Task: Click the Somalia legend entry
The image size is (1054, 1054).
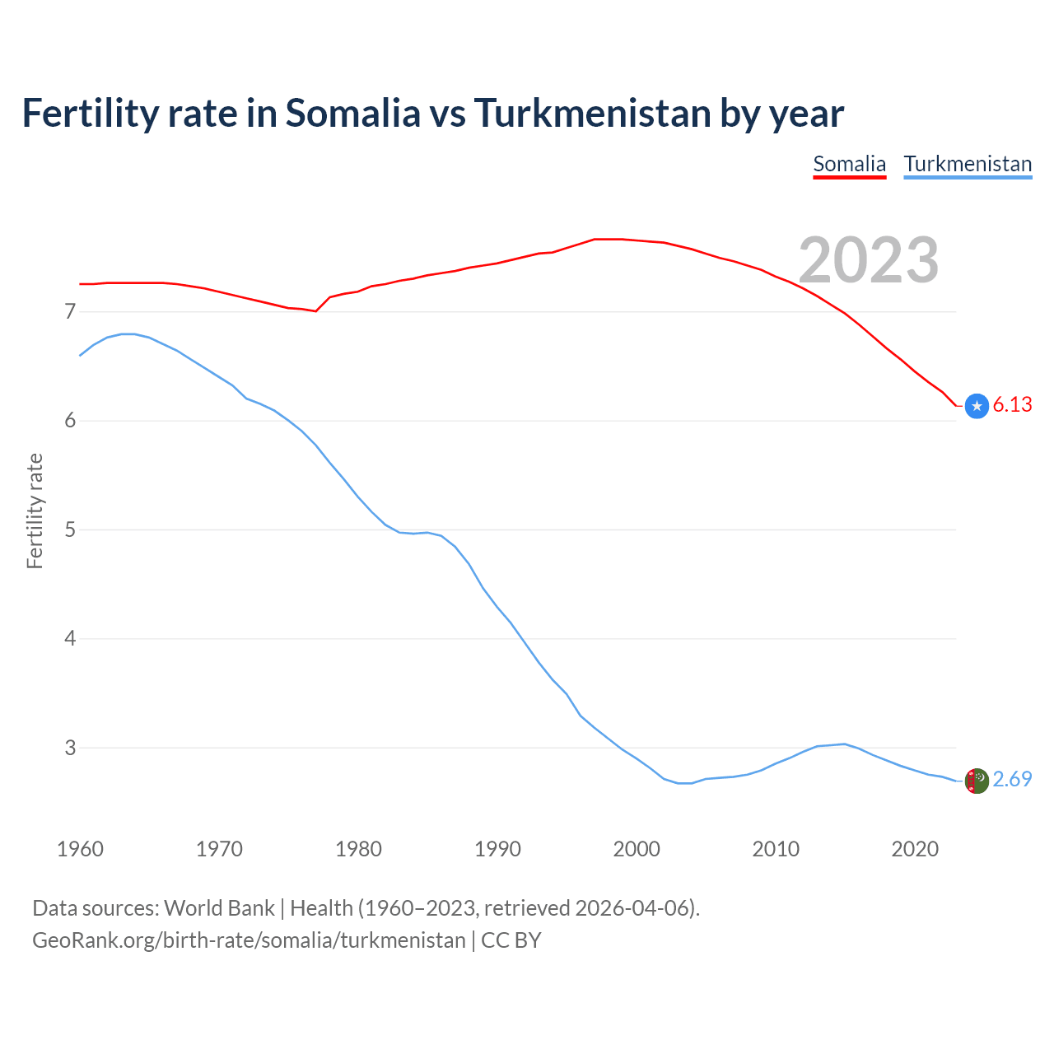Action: pos(849,164)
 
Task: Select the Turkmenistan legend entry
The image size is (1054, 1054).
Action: pos(968,164)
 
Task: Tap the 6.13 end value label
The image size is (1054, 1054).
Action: pos(1012,404)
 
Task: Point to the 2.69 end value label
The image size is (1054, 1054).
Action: pos(1012,779)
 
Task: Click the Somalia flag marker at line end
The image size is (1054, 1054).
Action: pos(977,405)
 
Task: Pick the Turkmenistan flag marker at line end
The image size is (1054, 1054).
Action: pos(977,781)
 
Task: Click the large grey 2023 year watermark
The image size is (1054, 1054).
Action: pos(869,260)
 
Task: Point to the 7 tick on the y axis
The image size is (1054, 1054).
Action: pos(70,311)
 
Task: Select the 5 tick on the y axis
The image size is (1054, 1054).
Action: pos(70,529)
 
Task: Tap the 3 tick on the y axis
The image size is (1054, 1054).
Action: pos(70,748)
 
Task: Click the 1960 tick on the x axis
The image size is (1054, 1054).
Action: pos(80,849)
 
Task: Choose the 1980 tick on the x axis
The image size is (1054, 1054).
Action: pos(358,849)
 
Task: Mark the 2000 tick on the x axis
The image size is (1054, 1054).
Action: pos(637,849)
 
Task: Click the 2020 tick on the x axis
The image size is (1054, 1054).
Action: pos(915,849)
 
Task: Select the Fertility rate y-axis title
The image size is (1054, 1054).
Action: pos(35,511)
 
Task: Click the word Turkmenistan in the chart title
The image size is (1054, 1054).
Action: pos(592,113)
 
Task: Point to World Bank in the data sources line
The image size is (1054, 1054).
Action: pos(219,908)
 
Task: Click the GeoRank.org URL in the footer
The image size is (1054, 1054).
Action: pos(249,940)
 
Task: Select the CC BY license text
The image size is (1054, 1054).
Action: pos(511,940)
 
